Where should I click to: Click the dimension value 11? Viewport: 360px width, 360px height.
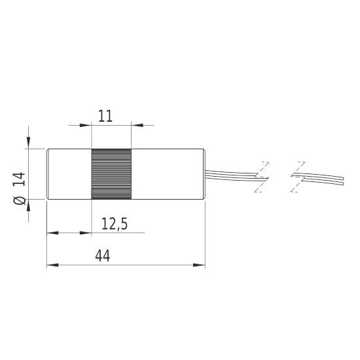pos(105,117)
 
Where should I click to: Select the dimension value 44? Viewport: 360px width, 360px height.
pos(102,256)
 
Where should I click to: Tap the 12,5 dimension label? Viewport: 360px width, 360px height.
pos(114,224)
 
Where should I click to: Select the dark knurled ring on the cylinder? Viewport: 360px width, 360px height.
pos(111,174)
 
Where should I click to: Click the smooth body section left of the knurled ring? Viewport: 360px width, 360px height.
pos(69,174)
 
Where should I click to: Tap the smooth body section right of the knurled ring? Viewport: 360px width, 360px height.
pos(168,174)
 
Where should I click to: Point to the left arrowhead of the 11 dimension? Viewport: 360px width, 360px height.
pos(86,125)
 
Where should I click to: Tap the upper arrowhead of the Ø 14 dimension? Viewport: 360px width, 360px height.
pos(29,145)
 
